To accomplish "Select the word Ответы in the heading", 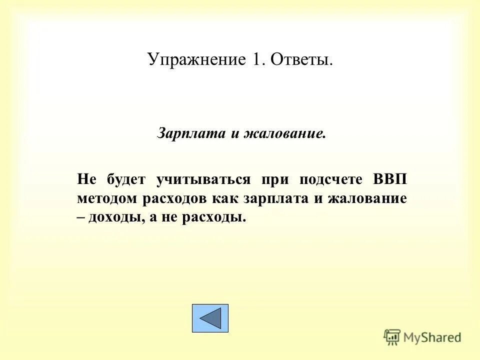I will [x=301, y=60].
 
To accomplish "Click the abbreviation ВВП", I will [x=390, y=179].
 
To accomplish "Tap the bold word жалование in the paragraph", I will [x=367, y=198].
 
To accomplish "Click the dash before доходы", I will [x=81, y=218].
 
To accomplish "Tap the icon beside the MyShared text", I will [x=392, y=337].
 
